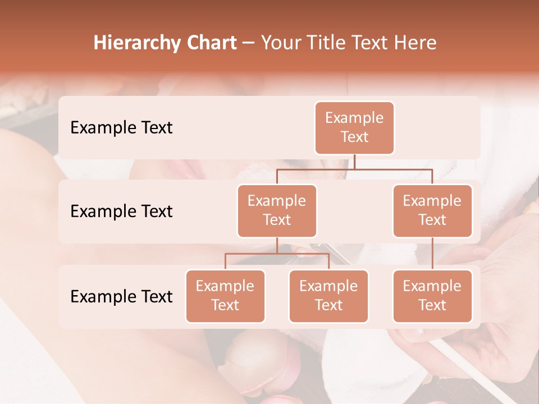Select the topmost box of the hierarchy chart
354,128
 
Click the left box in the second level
277,211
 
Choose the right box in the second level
432,211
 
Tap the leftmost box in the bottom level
225,296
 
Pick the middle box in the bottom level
328,296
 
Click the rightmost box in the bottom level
432,296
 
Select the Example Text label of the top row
121,128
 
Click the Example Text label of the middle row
121,212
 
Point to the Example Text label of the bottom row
121,296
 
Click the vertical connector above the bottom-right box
432,254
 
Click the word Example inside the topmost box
354,118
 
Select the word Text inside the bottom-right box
432,305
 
